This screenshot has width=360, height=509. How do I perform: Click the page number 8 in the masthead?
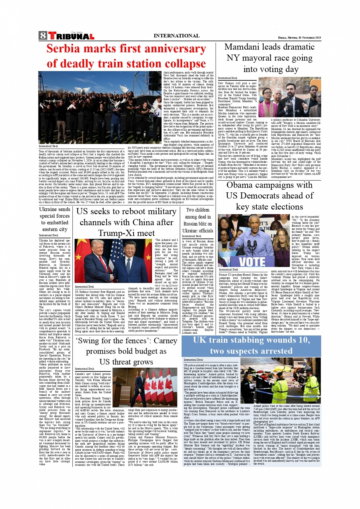pyautogui.click(x=43, y=36)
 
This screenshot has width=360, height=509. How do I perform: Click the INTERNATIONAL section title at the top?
pyautogui.click(x=176, y=36)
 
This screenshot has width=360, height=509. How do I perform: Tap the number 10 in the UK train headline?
pyautogui.click(x=304, y=340)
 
